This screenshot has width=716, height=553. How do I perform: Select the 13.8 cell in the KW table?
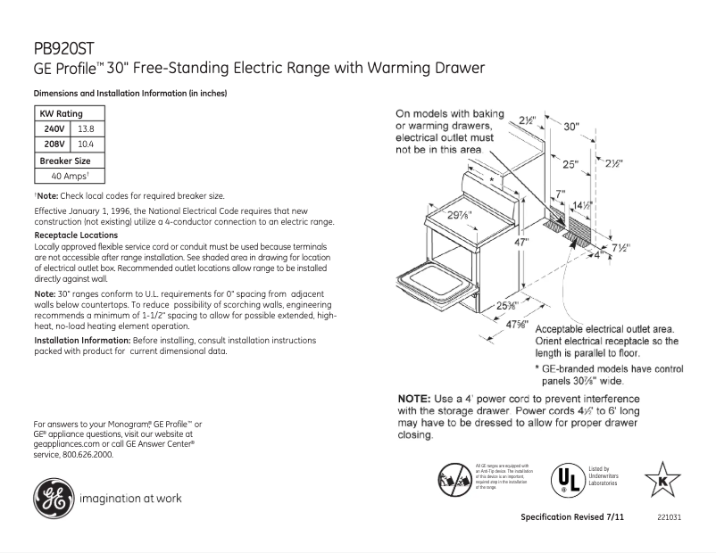point(87,128)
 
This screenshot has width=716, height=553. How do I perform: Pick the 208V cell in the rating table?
point(54,144)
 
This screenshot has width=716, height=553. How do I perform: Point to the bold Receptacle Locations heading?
point(75,235)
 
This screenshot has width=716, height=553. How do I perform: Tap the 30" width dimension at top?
point(570,127)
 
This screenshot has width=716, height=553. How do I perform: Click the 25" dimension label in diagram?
point(570,165)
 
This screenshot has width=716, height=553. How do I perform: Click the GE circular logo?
point(52,499)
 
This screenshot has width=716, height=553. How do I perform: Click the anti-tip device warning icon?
point(452,479)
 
